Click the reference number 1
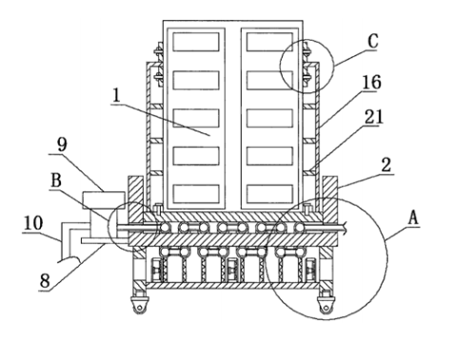[x=116, y=95]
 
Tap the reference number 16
[x=371, y=82]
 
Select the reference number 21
[x=374, y=116]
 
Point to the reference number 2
[x=386, y=165]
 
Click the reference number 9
[x=62, y=145]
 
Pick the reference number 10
[x=33, y=223]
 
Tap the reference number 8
[x=45, y=280]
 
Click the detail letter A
[x=413, y=218]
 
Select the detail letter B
[x=56, y=180]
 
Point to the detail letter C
[x=373, y=41]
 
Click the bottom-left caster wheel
[x=139, y=306]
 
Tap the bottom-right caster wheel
[x=325, y=306]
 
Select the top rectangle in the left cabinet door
[x=196, y=42]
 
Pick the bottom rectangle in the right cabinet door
[x=269, y=193]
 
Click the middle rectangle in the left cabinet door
[x=196, y=118]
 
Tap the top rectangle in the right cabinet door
[x=269, y=42]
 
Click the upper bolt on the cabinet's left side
[x=158, y=50]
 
